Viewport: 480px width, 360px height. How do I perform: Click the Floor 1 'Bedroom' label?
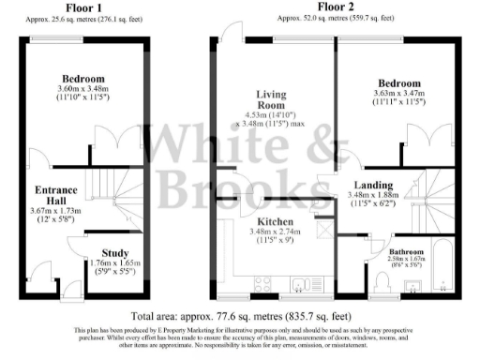click(x=83, y=79)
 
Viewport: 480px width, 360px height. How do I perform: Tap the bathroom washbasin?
click(x=412, y=285)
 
